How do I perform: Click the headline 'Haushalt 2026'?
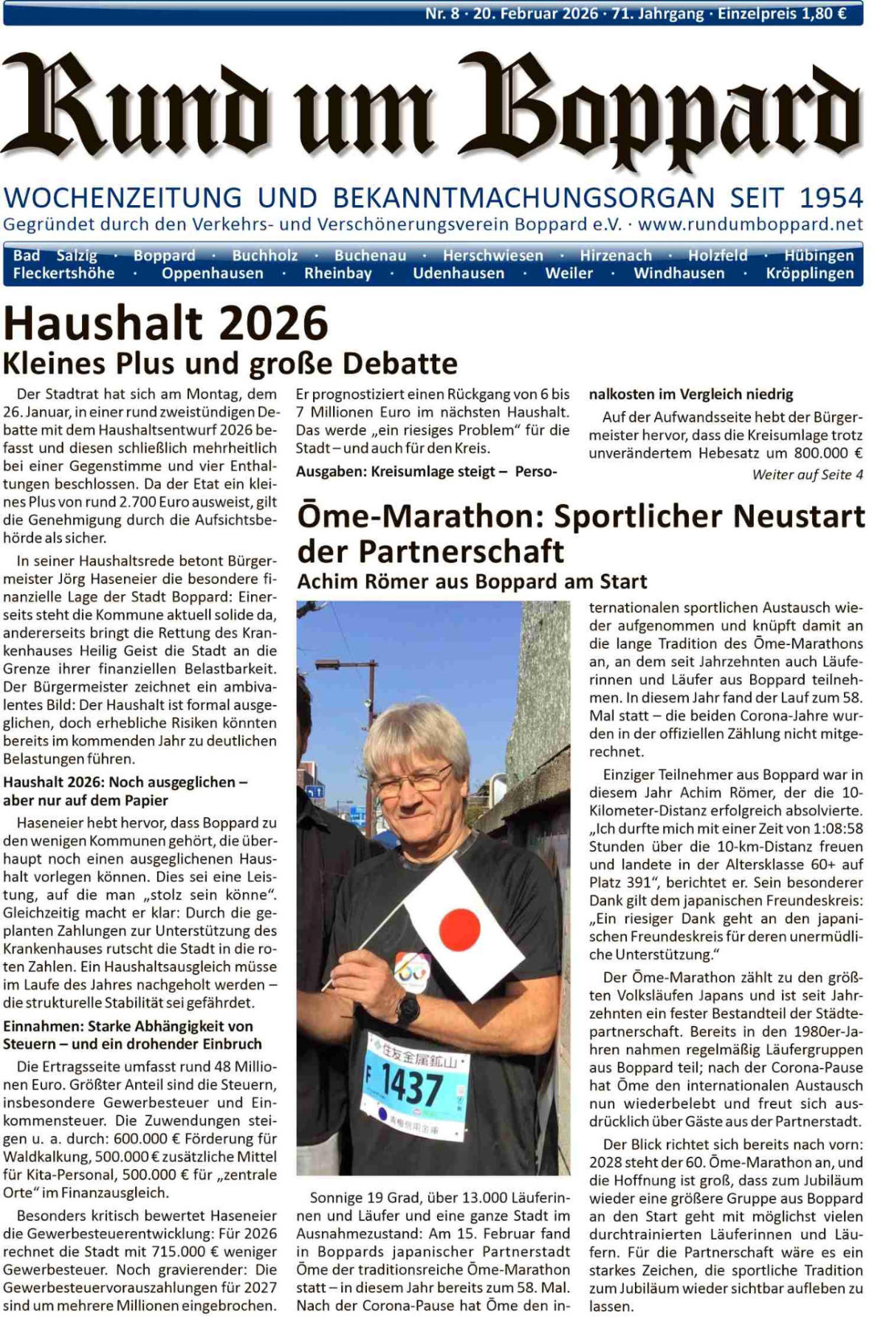coord(165,323)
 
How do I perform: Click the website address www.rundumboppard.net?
coord(750,224)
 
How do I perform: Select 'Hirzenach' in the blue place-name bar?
coord(616,255)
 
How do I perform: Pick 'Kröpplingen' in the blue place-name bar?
coord(809,273)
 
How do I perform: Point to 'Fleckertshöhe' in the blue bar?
coord(63,273)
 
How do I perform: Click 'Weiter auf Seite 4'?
coord(807,475)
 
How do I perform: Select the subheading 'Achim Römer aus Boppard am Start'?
coord(472,582)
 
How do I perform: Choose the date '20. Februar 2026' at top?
coord(535,13)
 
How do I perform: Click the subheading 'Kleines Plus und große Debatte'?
coord(230,363)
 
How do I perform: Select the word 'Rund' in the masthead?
coord(140,107)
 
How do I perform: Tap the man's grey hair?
coord(417,734)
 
